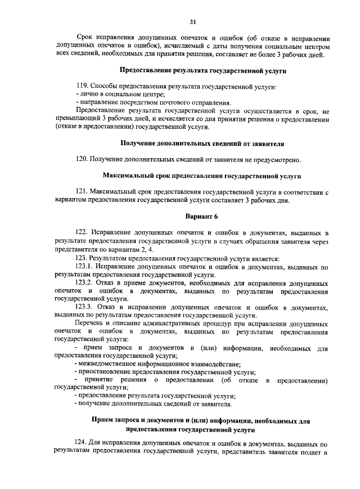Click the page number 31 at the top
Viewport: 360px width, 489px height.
tap(192, 22)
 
